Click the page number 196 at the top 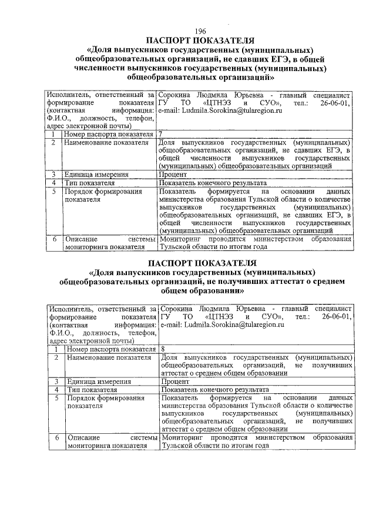click(x=200, y=31)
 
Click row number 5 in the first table click(x=53, y=192)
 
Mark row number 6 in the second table click(x=53, y=437)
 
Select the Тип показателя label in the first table click(x=89, y=183)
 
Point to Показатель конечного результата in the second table click(x=215, y=389)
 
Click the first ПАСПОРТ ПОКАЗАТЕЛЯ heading click(x=200, y=41)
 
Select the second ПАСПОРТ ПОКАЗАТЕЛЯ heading click(x=200, y=262)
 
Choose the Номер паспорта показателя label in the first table click(x=109, y=135)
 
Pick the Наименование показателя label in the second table click(x=105, y=357)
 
